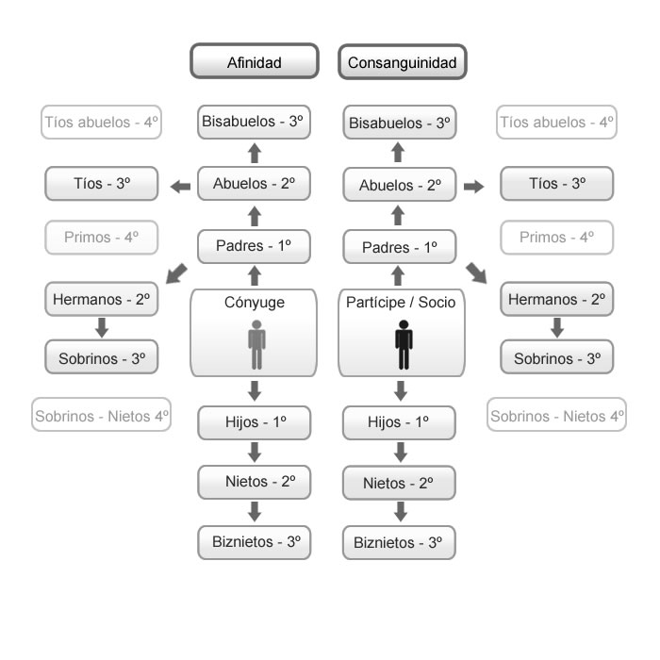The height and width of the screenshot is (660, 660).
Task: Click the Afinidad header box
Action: [255, 61]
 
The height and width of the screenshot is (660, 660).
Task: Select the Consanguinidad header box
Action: [403, 62]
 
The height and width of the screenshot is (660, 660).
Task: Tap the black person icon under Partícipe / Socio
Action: [404, 345]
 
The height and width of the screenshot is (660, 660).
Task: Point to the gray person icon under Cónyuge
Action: [256, 345]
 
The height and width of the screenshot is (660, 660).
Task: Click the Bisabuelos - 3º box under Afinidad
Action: [254, 122]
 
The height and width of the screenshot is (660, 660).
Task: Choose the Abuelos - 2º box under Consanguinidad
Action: [400, 185]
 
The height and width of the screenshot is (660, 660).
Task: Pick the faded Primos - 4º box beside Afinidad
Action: [102, 238]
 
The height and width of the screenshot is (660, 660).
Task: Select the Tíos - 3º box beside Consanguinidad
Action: [556, 184]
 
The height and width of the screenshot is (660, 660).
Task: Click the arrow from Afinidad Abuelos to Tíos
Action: [181, 186]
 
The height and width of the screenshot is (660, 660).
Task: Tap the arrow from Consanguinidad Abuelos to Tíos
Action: [473, 186]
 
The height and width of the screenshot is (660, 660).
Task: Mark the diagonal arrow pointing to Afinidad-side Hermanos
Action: [176, 273]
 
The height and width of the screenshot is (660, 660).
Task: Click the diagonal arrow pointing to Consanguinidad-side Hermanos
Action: [476, 273]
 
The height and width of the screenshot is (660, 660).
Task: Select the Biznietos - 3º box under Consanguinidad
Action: [399, 542]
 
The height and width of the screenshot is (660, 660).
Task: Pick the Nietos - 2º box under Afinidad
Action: [255, 483]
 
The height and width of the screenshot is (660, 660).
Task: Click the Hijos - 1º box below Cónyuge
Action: [255, 422]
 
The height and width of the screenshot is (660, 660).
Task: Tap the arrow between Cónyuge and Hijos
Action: [255, 391]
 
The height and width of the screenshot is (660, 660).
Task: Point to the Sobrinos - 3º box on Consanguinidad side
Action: [556, 357]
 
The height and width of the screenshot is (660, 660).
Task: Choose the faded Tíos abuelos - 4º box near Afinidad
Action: [102, 122]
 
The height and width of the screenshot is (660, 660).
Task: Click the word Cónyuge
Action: [255, 303]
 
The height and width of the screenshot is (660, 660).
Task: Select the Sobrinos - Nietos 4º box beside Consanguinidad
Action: [556, 415]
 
